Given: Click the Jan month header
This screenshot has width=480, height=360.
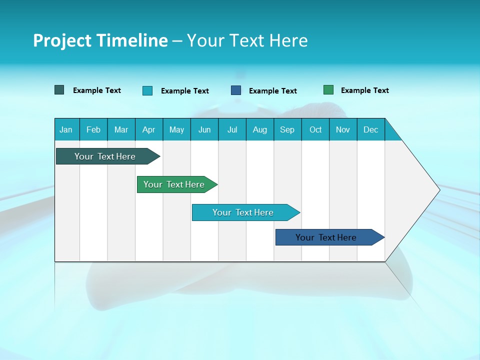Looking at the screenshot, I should (x=66, y=129).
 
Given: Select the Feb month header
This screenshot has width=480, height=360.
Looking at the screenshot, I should (x=93, y=129).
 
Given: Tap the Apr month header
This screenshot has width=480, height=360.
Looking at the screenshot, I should (x=148, y=129).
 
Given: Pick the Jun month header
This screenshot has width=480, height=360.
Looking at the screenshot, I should (x=204, y=129).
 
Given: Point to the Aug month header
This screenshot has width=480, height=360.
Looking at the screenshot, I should (x=259, y=129).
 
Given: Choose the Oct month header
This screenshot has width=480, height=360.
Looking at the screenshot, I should (x=315, y=129).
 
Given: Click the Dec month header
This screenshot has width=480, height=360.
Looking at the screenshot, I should (x=370, y=129).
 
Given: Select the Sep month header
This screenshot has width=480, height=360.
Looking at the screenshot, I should (x=287, y=129).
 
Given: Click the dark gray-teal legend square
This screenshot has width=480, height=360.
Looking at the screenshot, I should (x=59, y=90).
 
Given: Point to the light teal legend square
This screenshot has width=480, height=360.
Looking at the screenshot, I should (x=147, y=90).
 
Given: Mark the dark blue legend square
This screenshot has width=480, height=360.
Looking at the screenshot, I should (x=236, y=90).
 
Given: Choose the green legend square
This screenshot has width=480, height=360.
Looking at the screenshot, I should (x=328, y=90).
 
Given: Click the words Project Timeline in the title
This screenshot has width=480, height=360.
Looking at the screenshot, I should (x=100, y=40).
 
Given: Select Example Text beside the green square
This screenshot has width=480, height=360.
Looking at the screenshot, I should (x=364, y=90).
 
